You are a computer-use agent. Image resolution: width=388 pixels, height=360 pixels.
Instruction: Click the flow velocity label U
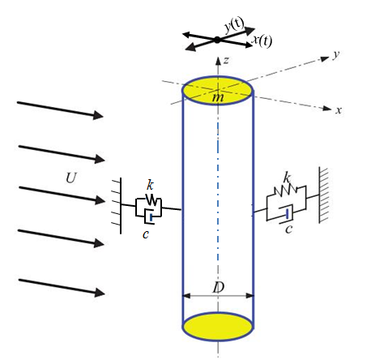click(71, 178)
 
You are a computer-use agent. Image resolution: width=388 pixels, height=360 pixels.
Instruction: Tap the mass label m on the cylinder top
click(218, 97)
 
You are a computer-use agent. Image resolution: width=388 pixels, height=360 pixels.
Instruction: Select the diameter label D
click(219, 287)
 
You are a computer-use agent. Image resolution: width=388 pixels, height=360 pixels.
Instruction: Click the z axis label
click(226, 61)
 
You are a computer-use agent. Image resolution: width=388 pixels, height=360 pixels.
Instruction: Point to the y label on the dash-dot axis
click(336, 55)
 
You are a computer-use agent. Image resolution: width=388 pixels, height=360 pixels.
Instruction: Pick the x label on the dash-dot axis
click(339, 110)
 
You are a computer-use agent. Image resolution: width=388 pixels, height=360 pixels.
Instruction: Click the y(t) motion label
click(234, 25)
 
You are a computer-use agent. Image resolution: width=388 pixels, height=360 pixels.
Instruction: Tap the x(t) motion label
click(262, 41)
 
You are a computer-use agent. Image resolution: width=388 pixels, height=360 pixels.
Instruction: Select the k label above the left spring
click(150, 185)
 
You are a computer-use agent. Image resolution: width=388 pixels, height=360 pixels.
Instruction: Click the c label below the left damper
click(146, 234)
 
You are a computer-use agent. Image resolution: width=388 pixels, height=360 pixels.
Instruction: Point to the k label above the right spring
click(287, 178)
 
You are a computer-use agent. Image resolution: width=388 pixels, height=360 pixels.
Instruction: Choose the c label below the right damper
click(289, 229)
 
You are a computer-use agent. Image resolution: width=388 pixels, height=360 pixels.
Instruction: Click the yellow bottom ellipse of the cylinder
click(218, 327)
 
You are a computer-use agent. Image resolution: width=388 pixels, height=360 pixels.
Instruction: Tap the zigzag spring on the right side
click(286, 190)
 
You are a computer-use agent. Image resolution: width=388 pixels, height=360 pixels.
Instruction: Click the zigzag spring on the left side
click(151, 199)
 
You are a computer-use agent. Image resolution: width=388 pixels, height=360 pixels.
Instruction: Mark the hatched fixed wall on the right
click(323, 195)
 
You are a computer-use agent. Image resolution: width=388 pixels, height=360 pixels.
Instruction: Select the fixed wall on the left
click(117, 206)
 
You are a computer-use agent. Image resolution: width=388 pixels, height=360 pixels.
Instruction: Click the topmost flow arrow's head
click(98, 115)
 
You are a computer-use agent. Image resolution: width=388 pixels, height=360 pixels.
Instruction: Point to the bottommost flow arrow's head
click(100, 292)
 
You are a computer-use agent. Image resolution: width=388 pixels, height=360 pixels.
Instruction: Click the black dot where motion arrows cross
click(217, 40)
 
